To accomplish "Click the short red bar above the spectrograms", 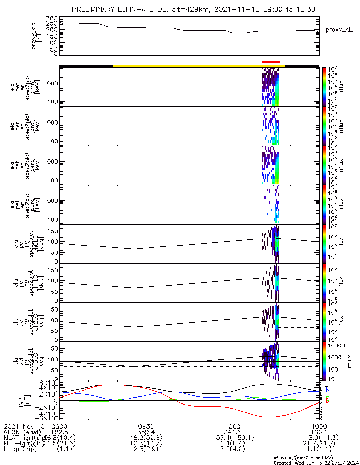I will click(x=270, y=61).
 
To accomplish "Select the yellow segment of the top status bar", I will click(x=198, y=66).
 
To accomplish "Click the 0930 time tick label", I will click(x=146, y=426).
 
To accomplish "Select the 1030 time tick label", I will click(x=319, y=426).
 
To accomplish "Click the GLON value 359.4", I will click(x=146, y=432).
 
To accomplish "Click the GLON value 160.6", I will click(x=319, y=432).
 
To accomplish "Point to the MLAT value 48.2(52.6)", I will click(x=146, y=438).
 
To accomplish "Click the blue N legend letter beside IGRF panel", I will click(x=327, y=389).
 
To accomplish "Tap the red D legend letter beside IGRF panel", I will click(x=327, y=400).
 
